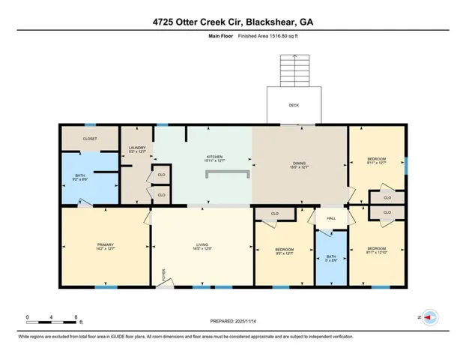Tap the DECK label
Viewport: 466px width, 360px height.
tap(294, 106)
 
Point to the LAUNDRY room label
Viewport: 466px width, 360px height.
tap(136, 148)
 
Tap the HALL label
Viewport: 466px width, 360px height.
tap(330, 218)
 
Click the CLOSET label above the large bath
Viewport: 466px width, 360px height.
tap(90, 138)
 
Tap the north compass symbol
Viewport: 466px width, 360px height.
tap(429, 317)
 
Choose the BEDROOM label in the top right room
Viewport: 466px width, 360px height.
tap(376, 160)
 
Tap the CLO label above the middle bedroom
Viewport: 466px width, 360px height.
tap(274, 214)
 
